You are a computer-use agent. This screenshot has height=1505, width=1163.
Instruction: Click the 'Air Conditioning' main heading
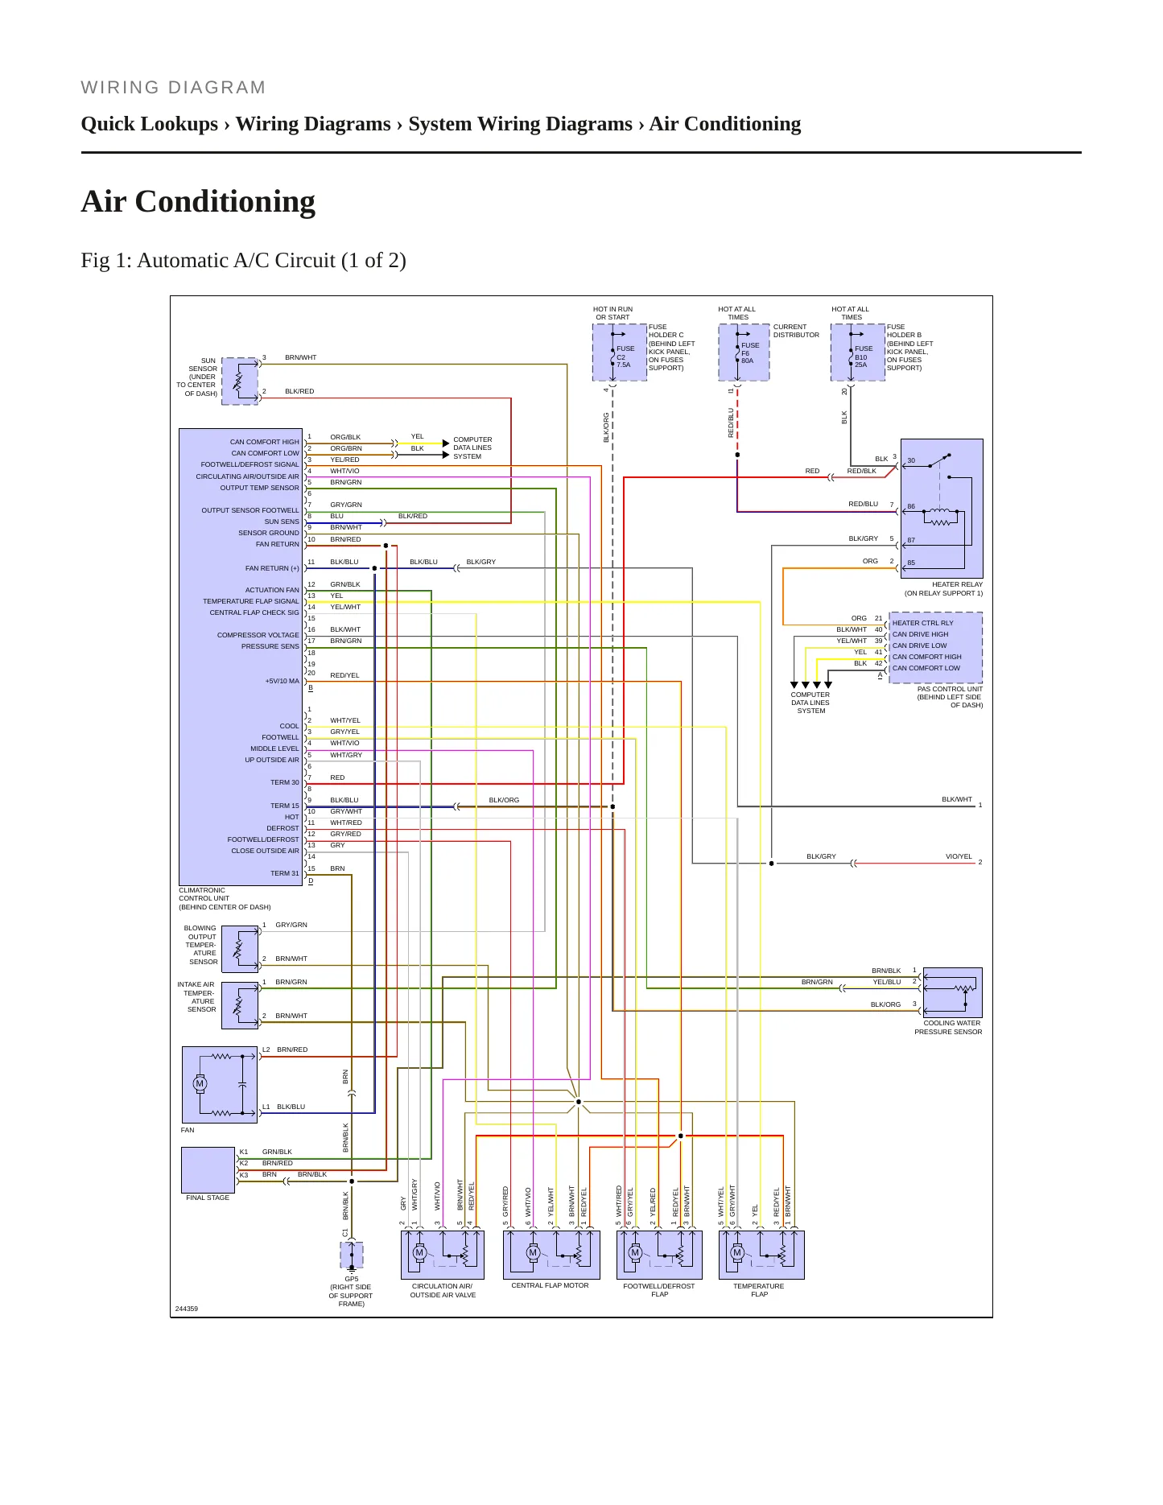(x=198, y=202)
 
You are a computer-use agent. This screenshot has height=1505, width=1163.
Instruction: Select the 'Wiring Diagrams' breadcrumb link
(x=313, y=124)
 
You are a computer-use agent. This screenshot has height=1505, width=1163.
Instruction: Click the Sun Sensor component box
(x=240, y=381)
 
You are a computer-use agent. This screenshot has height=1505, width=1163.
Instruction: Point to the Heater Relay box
(x=942, y=509)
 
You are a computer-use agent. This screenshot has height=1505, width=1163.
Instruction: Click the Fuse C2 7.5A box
(x=620, y=353)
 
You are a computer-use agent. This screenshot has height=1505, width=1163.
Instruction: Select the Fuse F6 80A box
(x=744, y=352)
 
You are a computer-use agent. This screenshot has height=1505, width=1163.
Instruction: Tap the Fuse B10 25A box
(x=858, y=353)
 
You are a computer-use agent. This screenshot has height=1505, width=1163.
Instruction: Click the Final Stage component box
(x=208, y=1170)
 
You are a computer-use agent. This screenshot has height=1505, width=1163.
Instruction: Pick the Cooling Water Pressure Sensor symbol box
(x=953, y=993)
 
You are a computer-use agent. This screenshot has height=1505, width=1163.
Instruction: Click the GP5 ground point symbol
(x=352, y=1256)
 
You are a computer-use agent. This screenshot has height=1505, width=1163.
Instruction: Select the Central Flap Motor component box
(x=551, y=1255)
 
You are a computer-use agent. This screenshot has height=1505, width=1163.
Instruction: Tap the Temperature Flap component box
(x=761, y=1255)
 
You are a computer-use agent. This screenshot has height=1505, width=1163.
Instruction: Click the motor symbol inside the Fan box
(x=200, y=1083)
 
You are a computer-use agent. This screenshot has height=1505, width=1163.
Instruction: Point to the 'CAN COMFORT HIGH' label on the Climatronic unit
(x=264, y=442)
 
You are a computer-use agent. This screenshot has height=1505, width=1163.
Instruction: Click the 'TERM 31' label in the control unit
(x=285, y=873)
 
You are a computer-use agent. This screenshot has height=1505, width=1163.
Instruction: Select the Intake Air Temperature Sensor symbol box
(x=240, y=1005)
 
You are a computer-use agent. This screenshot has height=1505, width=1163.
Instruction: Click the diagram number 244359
(x=187, y=1309)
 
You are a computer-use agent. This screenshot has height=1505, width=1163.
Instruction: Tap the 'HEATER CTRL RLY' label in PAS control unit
(x=922, y=623)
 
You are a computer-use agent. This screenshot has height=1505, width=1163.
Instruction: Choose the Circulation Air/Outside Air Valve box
(x=443, y=1255)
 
